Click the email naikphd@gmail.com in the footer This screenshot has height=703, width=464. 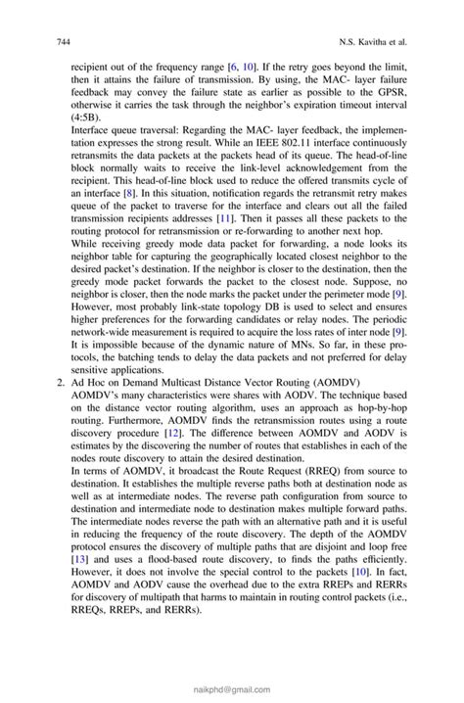[x=231, y=689]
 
